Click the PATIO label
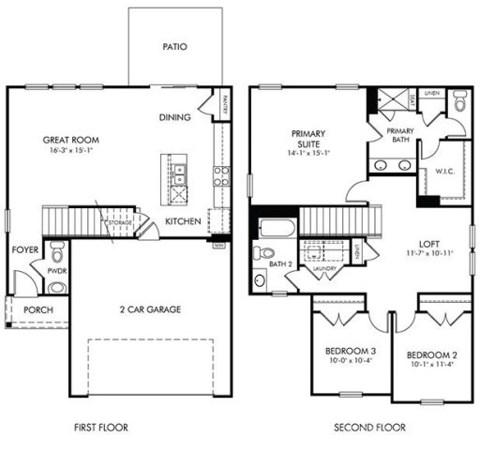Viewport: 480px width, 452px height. click(x=175, y=44)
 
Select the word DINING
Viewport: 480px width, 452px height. click(x=175, y=117)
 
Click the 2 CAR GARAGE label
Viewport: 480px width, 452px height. click(x=149, y=309)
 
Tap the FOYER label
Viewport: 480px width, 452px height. click(x=24, y=250)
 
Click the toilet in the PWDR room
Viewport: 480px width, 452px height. click(x=58, y=252)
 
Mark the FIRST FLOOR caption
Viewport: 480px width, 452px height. click(x=100, y=427)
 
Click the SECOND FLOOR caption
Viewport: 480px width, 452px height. click(x=369, y=427)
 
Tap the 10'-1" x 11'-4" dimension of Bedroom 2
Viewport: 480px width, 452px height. click(x=432, y=366)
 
